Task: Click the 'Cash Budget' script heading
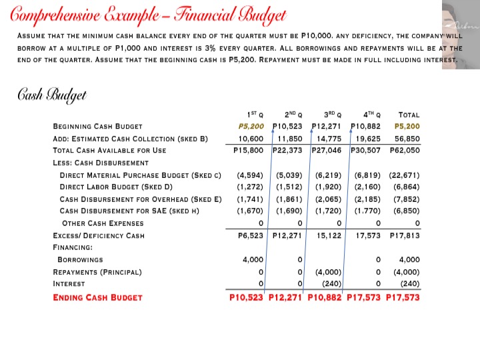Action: tap(52, 95)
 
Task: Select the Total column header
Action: tap(408, 115)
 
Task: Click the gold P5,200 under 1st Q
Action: tap(251, 126)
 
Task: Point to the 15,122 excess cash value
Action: tap(328, 235)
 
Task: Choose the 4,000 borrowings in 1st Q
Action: tap(253, 259)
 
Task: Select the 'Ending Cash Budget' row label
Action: tap(97, 297)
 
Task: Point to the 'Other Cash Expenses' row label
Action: tap(102, 223)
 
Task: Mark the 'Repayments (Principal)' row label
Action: tap(98, 272)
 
